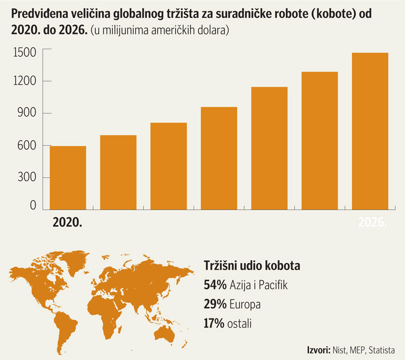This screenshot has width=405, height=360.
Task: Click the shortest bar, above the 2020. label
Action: tap(68, 178)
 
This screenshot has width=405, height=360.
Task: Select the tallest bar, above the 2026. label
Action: tap(370, 131)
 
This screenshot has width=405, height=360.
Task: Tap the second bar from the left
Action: tap(118, 172)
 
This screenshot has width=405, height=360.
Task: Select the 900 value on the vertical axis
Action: tap(27, 113)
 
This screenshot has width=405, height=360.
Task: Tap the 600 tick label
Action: tap(27, 145)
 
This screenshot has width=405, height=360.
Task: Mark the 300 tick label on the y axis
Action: tap(27, 177)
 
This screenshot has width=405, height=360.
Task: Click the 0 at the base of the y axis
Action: tap(33, 205)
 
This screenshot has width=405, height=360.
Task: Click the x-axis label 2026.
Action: tap(373, 222)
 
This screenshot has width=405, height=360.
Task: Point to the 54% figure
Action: tap(215, 285)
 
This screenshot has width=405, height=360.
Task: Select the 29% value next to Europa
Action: tap(215, 305)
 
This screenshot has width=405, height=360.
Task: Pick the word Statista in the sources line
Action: tap(381, 350)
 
